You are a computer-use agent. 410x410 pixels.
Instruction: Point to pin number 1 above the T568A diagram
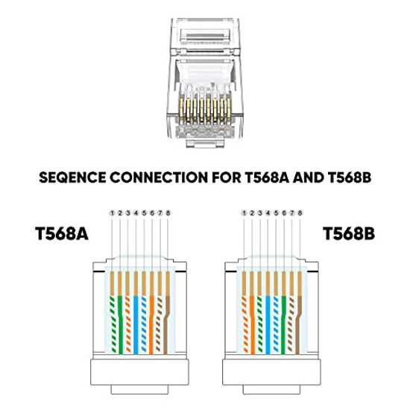(x=111, y=213)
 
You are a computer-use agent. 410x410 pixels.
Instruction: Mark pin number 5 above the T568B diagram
(x=277, y=213)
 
